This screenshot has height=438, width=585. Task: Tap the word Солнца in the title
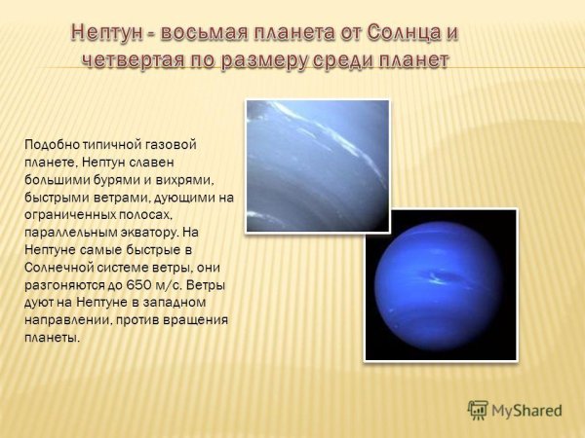point(404,33)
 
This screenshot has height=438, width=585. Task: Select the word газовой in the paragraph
point(172,144)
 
